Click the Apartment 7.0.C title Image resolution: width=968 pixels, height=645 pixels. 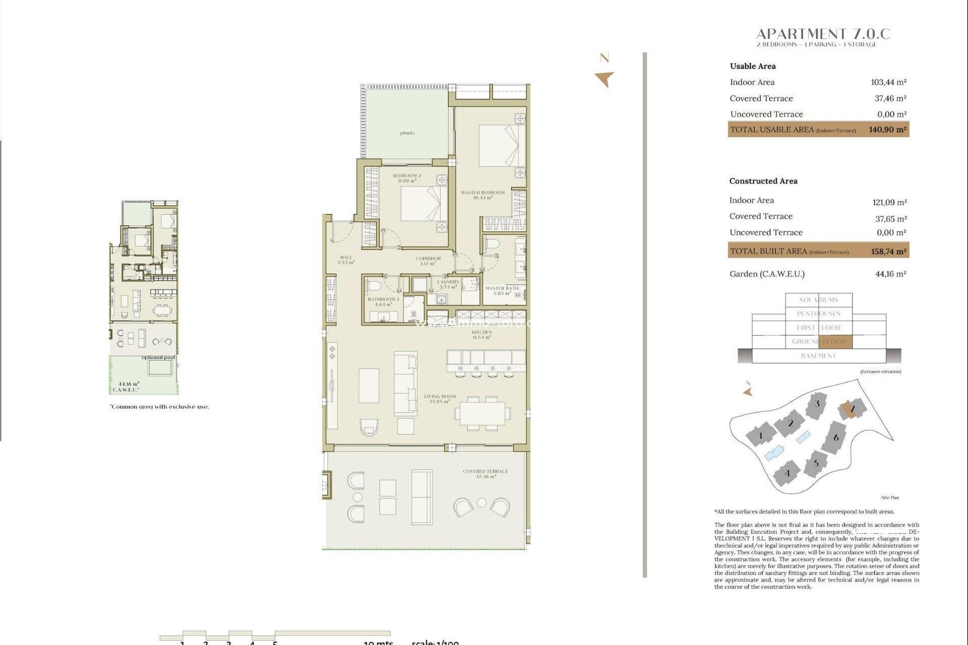click(x=823, y=34)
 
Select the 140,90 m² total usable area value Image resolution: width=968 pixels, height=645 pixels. click(x=887, y=130)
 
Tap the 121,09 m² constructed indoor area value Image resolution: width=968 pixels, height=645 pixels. click(x=889, y=202)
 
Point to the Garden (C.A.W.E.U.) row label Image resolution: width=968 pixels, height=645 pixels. click(x=767, y=274)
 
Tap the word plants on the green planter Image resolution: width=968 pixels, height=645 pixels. click(x=407, y=133)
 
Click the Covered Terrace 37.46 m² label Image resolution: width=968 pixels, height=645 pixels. click(x=485, y=474)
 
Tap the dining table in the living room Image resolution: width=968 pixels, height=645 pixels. click(x=482, y=413)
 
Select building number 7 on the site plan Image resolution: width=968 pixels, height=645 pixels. click(x=852, y=409)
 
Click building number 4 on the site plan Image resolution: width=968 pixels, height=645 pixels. click(x=787, y=473)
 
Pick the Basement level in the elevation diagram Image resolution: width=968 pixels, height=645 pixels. click(x=818, y=356)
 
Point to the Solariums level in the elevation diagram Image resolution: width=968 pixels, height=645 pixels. click(x=818, y=300)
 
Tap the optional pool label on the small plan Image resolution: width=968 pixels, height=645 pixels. click(x=158, y=357)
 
